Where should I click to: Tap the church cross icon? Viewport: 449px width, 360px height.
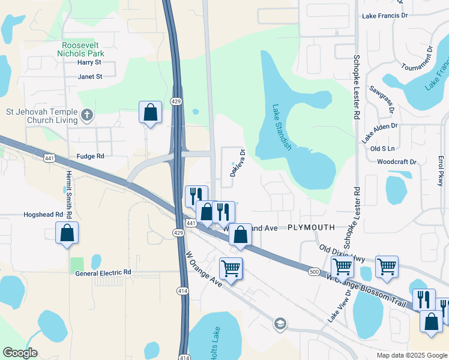click(87, 115)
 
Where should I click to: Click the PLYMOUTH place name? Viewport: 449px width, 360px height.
click(310, 228)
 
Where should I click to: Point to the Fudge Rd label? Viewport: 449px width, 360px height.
click(90, 156)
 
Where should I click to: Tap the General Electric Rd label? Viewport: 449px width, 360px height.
click(103, 272)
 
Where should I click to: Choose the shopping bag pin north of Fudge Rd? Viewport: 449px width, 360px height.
click(150, 112)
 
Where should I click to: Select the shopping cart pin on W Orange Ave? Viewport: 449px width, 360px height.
click(231, 269)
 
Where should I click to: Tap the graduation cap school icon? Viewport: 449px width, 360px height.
click(279, 324)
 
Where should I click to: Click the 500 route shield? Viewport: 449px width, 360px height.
click(315, 272)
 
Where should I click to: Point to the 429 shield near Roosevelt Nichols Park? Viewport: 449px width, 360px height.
click(176, 101)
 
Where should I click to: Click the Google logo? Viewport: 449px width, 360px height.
click(20, 353)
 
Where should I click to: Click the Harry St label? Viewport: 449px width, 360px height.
click(89, 62)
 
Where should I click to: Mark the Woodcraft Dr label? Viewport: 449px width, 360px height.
click(397, 162)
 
